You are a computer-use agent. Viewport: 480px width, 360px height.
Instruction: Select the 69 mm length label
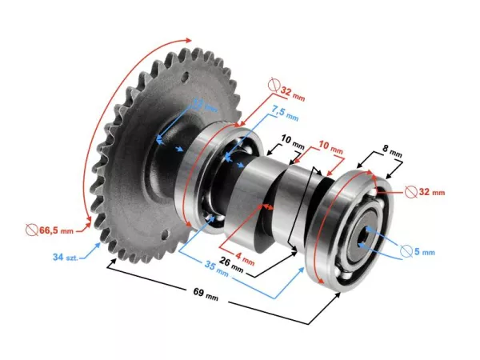(x=206, y=297)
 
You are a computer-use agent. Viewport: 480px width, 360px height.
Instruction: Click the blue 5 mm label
(x=422, y=252)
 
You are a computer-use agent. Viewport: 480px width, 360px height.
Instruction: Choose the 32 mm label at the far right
(x=430, y=192)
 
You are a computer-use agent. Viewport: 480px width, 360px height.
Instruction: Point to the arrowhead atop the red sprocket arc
(x=190, y=39)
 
